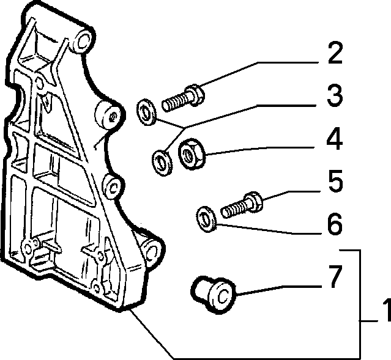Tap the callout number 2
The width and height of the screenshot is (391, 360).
coord(335,53)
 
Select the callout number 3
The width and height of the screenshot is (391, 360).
coord(335,95)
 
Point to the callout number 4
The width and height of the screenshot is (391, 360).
coord(335,139)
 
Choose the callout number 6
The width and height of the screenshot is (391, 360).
coord(335,224)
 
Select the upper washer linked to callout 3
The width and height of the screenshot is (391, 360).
coord(146,112)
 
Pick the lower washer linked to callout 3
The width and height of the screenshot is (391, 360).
coord(162,163)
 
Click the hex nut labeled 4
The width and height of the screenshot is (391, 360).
coord(192,154)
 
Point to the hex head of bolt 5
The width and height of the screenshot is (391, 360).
coord(253,202)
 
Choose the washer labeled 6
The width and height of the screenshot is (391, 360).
coord(206,219)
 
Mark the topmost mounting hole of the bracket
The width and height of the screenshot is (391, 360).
coord(83,41)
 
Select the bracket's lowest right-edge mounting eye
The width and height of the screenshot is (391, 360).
coord(152,252)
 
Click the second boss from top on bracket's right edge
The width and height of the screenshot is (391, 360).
coord(109,115)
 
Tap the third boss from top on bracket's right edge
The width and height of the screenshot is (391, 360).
coord(113,187)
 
